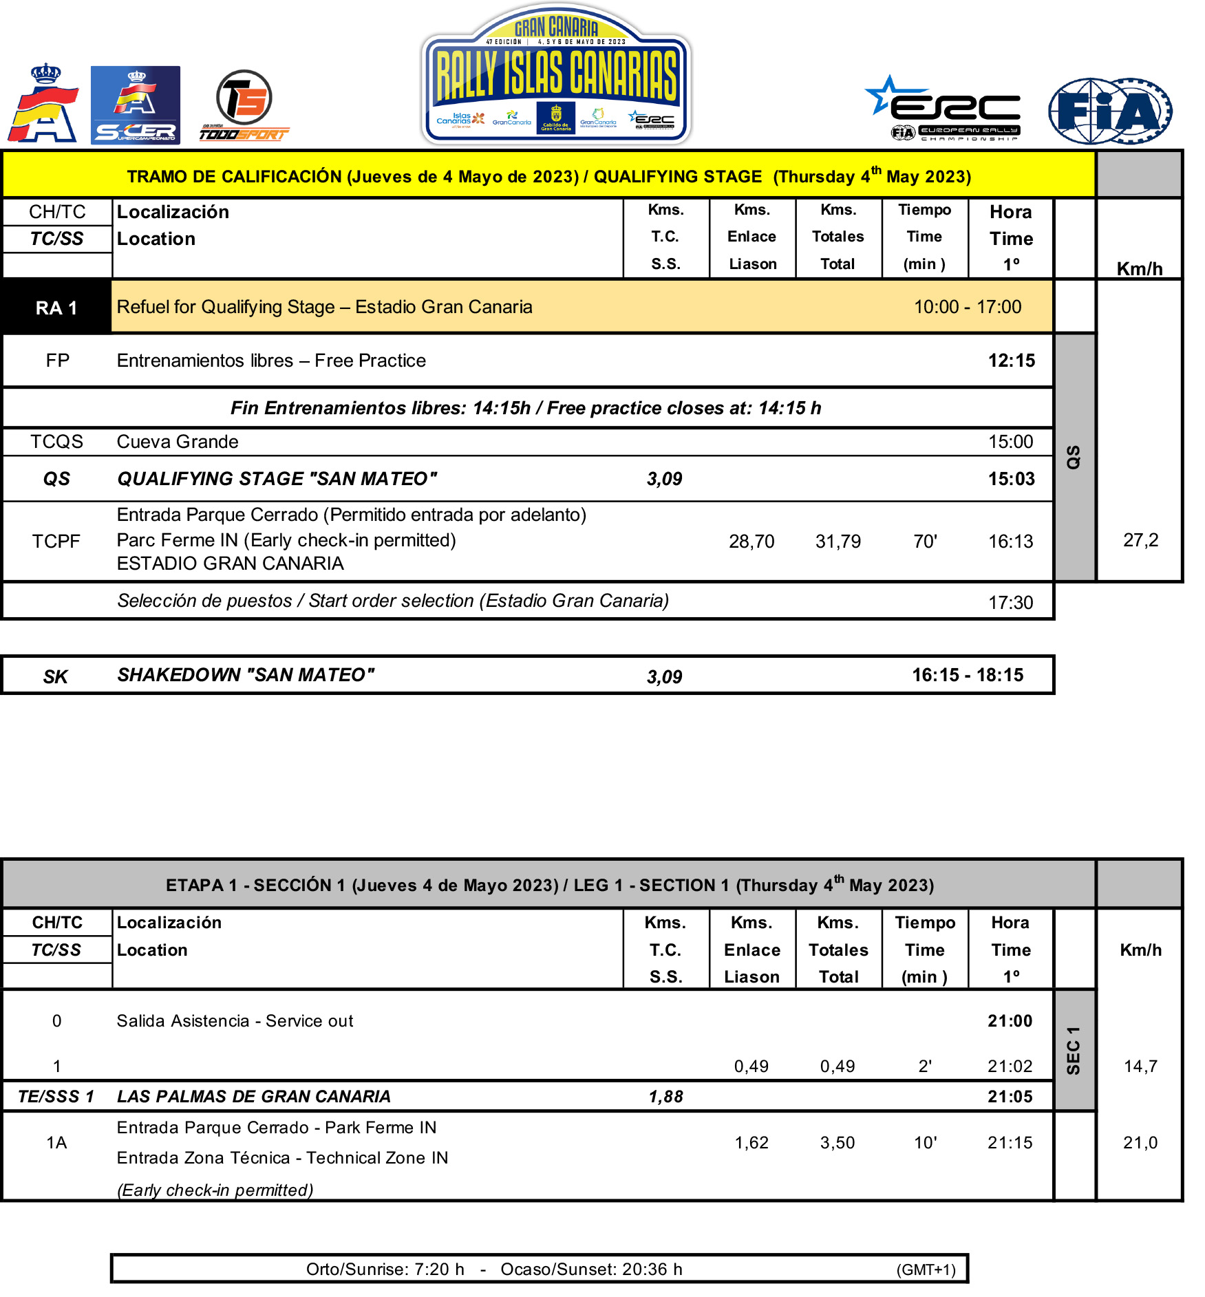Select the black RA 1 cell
56,308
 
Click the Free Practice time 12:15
1011,361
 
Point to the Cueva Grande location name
178,442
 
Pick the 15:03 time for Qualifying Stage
1011,479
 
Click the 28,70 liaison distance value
751,542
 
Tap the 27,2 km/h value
1140,540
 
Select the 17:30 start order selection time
1010,603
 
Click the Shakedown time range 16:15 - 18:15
968,675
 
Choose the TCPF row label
56,542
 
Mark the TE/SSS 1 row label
56,1097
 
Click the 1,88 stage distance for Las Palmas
665,1097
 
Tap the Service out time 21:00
1010,1021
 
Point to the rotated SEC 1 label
1073,1051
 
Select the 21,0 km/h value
1140,1143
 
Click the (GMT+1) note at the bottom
926,1269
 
